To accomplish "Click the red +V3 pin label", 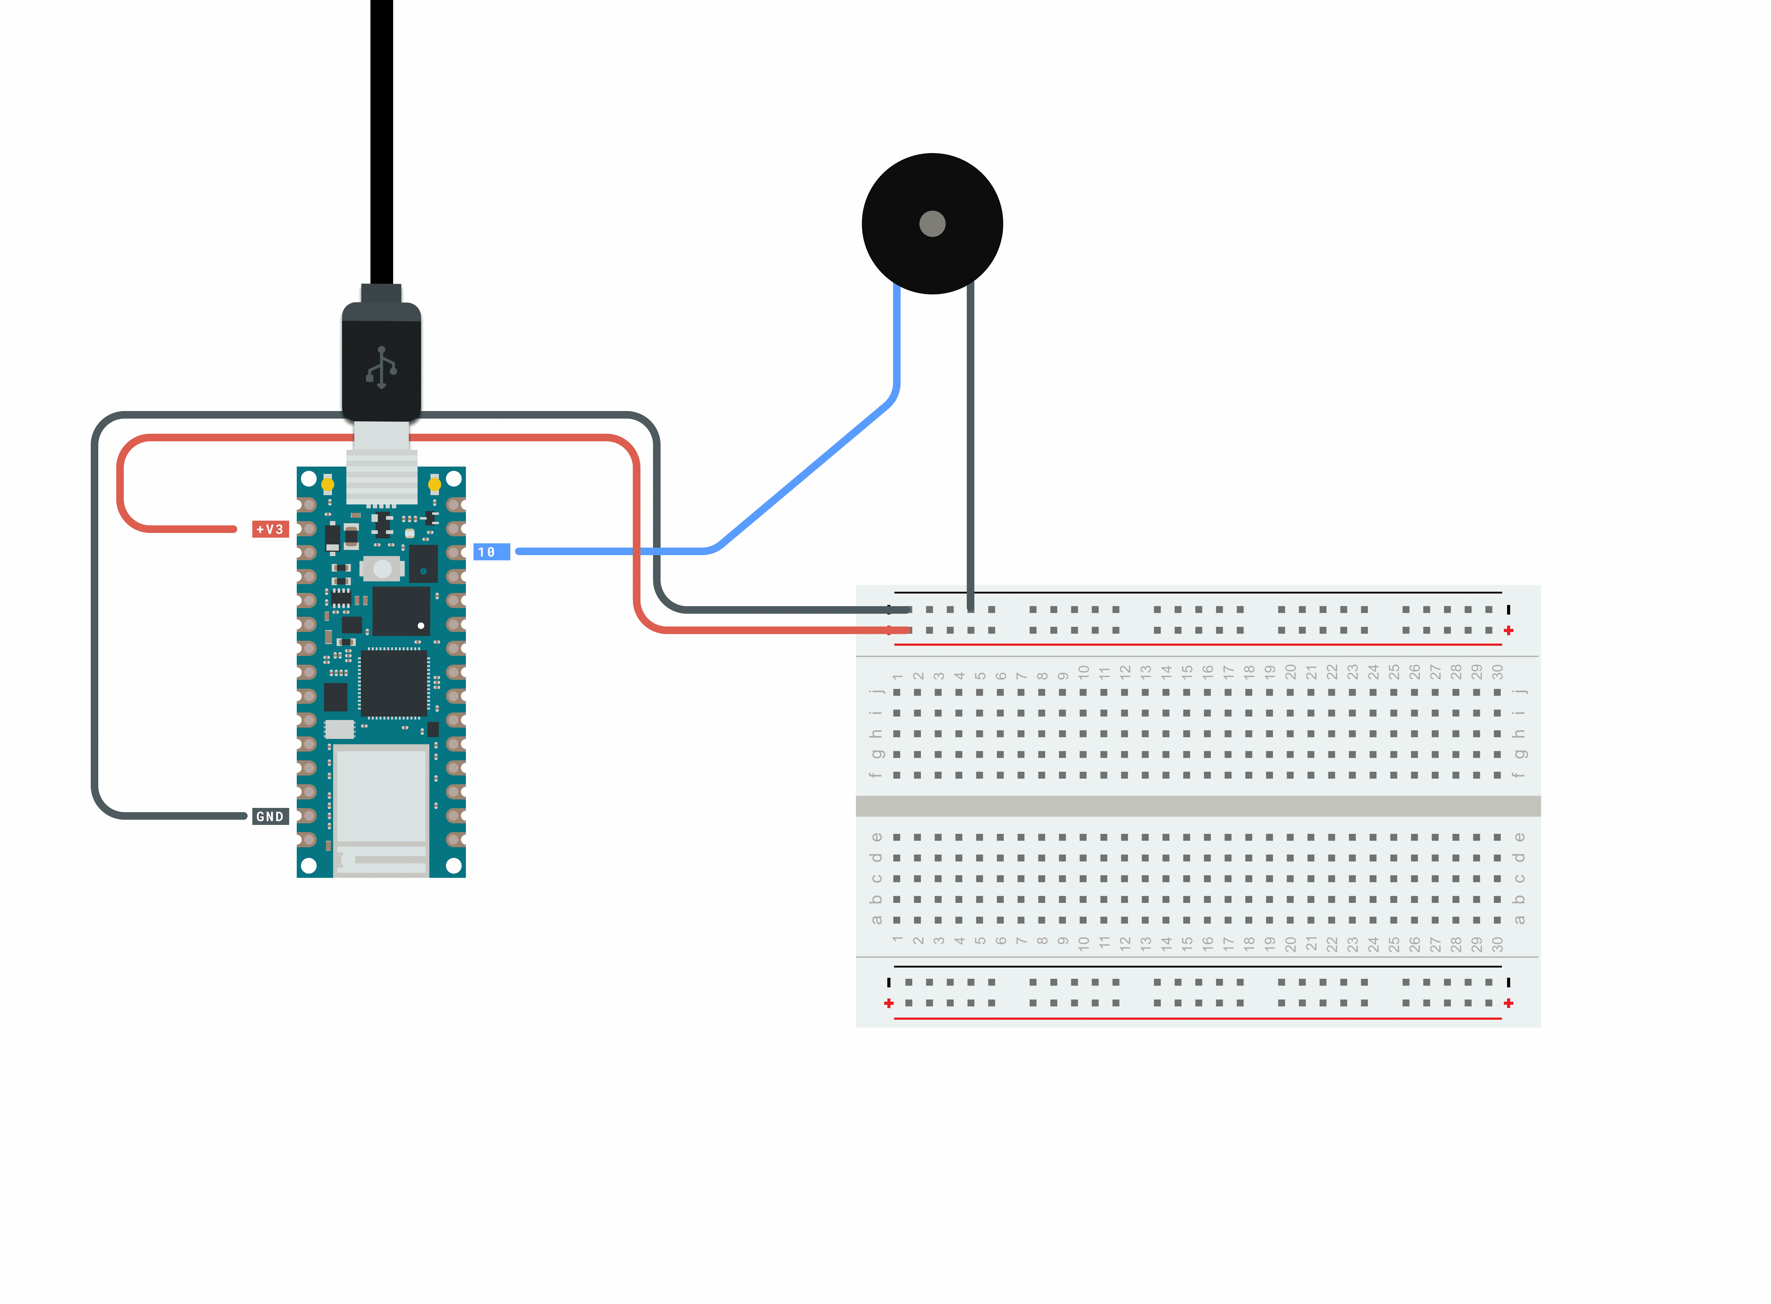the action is point(270,529).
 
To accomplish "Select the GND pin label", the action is point(270,816).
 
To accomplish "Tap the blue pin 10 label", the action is point(491,552).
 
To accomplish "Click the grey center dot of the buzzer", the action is point(932,223).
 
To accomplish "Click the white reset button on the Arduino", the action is point(382,568).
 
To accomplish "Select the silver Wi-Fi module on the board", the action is point(381,809).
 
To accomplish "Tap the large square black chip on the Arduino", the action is point(394,684).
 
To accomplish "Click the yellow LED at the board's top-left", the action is point(327,483).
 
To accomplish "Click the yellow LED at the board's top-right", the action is point(434,483).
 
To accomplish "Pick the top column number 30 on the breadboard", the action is point(1497,672).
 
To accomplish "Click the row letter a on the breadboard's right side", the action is point(1519,920).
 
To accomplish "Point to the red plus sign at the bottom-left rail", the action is point(889,1003).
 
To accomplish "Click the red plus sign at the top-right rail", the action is point(1508,630).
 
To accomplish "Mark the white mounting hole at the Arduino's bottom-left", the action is point(309,865).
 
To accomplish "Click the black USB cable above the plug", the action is point(381,142).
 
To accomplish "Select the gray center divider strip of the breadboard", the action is point(1198,806).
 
